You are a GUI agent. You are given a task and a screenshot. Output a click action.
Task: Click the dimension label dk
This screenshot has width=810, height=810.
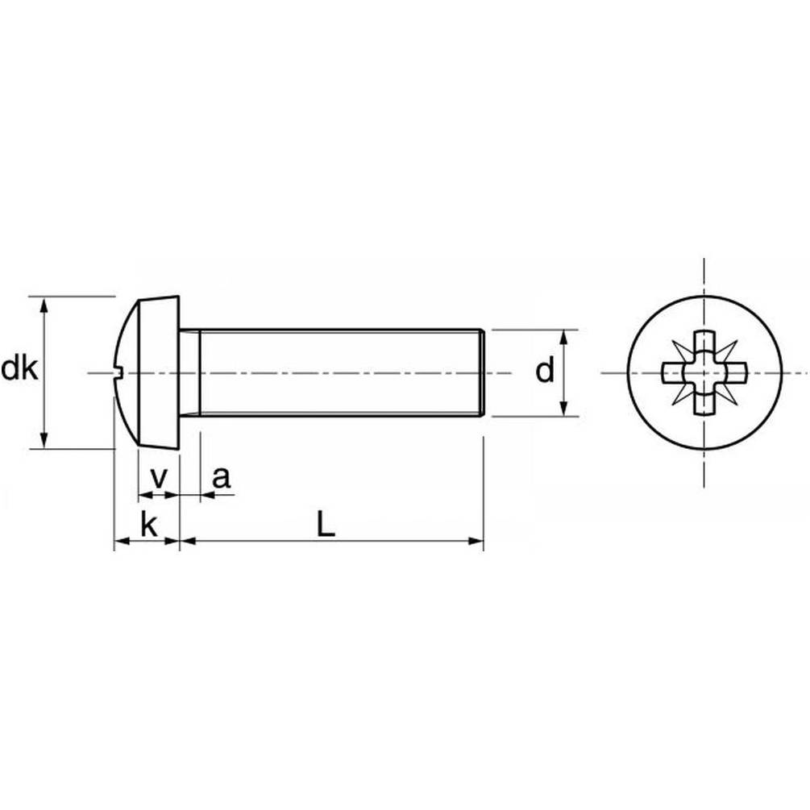tap(19, 369)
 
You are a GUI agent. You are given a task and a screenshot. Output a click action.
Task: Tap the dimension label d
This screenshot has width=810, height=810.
tap(545, 371)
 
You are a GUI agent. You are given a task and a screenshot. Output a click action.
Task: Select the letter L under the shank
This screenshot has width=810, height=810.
tap(326, 524)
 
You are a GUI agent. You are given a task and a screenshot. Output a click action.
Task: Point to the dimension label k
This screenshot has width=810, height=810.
tap(149, 525)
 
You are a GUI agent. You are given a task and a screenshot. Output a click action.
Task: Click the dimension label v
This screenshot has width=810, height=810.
tap(159, 479)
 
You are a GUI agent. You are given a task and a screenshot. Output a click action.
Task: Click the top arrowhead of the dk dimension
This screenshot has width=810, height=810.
tap(44, 305)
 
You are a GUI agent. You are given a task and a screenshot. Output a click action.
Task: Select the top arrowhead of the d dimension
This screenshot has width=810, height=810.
tap(564, 339)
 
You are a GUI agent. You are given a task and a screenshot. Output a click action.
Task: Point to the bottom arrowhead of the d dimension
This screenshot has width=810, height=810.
tap(564, 407)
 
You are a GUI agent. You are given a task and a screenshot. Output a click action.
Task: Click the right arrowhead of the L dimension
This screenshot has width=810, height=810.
tap(475, 541)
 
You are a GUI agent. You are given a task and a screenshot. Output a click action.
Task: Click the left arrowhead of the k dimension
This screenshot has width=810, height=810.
tap(123, 541)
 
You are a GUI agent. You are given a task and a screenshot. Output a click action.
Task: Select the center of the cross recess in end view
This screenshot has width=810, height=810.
tap(704, 372)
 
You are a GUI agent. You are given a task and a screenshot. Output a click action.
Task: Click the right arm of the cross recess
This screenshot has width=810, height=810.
tap(735, 372)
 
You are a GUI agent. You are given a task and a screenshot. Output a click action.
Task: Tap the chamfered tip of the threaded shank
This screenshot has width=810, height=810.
tap(482, 372)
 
